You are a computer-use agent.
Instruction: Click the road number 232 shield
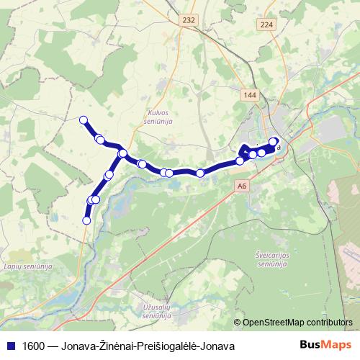click(x=188, y=21)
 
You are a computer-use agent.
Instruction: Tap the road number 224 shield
click(x=268, y=24)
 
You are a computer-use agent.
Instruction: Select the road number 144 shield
click(x=250, y=95)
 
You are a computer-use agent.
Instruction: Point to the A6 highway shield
click(x=241, y=185)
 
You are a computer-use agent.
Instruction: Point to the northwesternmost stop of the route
click(x=84, y=120)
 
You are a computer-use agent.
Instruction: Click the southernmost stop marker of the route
click(x=86, y=220)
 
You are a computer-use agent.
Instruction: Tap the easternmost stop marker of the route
click(x=274, y=142)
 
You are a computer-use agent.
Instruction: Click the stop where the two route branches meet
click(x=123, y=153)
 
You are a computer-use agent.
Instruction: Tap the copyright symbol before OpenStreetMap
click(x=238, y=323)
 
